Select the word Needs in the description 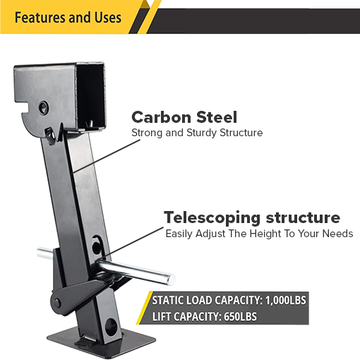pos(337,234)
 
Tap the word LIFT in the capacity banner pos(164,317)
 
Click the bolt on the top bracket pos(44,107)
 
